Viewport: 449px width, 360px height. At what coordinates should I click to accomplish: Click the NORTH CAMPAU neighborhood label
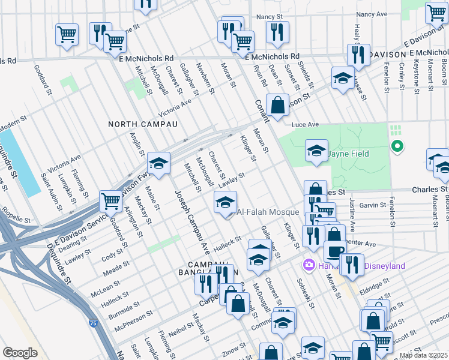[x=143, y=124]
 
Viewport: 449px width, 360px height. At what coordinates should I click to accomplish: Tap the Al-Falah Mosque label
[x=268, y=212]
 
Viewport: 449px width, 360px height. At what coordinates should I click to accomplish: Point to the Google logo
[x=20, y=353]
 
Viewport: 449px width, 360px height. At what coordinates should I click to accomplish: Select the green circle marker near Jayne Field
[x=396, y=145]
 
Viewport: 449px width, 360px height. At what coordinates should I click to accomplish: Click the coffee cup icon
[x=335, y=251]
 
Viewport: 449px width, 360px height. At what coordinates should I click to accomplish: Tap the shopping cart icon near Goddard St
[x=111, y=202]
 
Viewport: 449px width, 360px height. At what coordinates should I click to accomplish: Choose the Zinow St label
[x=230, y=347]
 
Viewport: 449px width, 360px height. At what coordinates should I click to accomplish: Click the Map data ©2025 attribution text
[x=423, y=355]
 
